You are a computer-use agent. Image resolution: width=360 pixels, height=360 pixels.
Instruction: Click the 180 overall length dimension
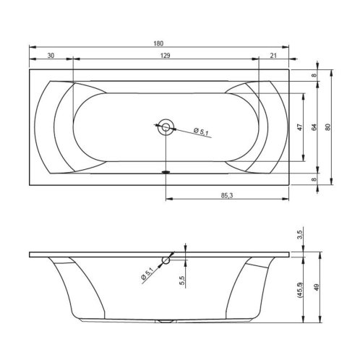(158, 43)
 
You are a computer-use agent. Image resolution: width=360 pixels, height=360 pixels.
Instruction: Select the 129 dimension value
(166, 56)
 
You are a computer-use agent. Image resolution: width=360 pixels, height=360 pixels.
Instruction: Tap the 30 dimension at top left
(51, 56)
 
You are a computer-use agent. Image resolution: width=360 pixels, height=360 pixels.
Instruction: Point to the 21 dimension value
(273, 56)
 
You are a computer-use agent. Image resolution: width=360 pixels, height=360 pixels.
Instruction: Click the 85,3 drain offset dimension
(227, 196)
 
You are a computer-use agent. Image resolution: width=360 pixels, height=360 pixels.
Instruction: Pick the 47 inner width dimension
(300, 127)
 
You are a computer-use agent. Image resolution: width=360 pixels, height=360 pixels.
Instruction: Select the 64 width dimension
(314, 127)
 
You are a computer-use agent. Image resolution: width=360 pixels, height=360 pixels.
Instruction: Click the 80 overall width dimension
(328, 127)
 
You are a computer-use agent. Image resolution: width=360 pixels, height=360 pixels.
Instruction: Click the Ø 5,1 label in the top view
(201, 132)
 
